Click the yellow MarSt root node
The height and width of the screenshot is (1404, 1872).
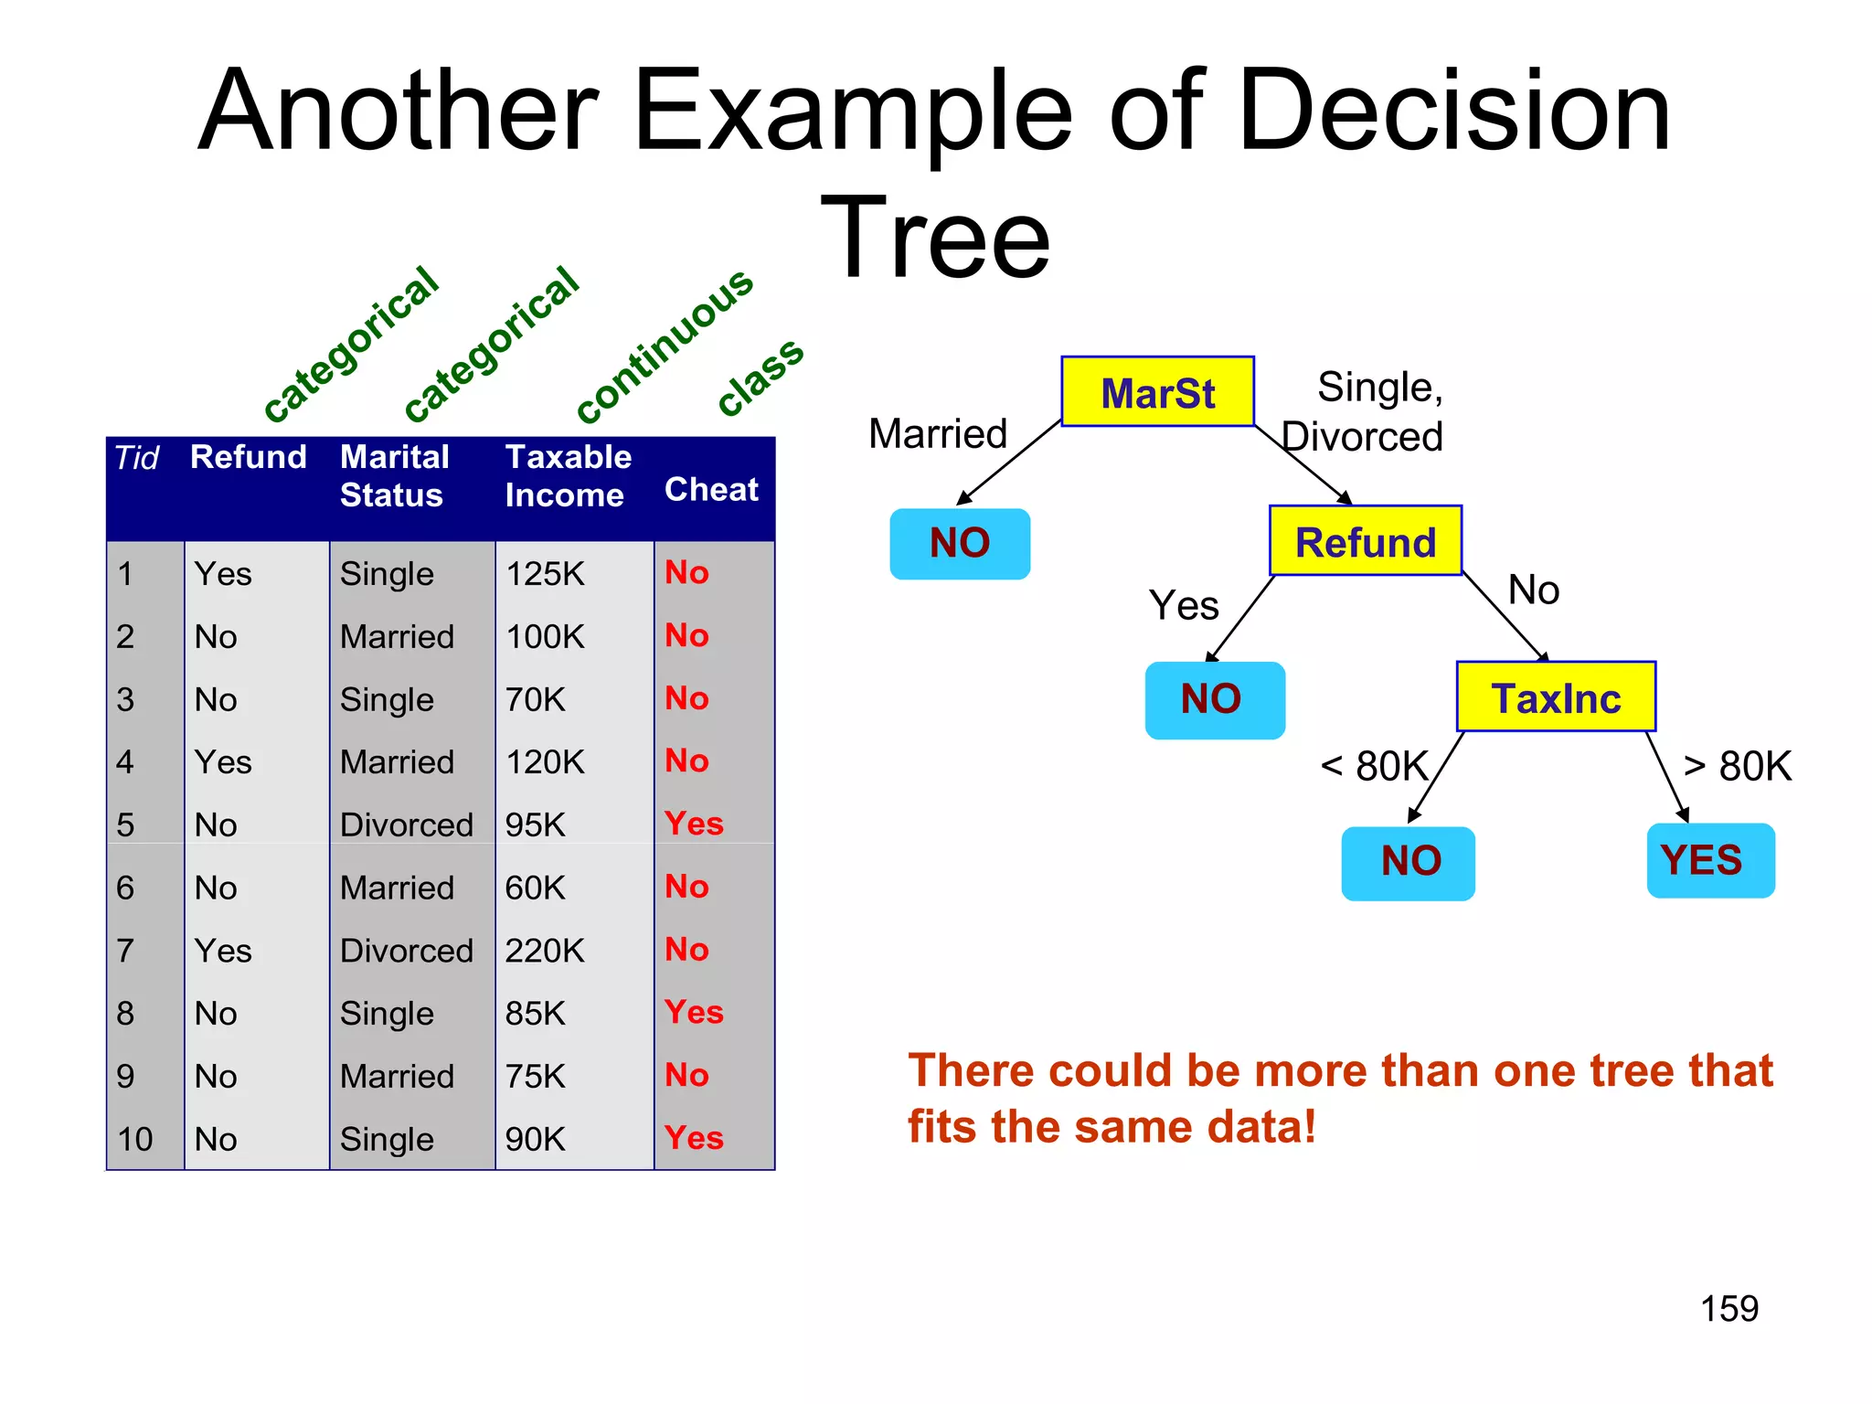(x=1157, y=392)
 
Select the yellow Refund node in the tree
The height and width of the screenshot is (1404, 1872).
(x=1366, y=541)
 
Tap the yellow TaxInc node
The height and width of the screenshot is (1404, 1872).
(x=1556, y=697)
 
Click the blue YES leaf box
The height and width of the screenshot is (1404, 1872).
(x=1710, y=860)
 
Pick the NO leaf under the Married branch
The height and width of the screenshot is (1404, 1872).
(x=960, y=543)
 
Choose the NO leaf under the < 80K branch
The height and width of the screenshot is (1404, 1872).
(x=1408, y=862)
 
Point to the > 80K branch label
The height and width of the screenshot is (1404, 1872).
(x=1737, y=766)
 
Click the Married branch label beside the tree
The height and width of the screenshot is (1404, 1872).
(x=938, y=433)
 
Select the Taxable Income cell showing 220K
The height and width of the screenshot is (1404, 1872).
(x=545, y=951)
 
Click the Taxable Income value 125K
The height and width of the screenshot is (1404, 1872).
(x=545, y=573)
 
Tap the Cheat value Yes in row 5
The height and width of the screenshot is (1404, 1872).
(x=694, y=824)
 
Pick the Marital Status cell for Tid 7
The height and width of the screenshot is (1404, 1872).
(x=406, y=951)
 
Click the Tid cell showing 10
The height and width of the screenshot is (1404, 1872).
(x=134, y=1139)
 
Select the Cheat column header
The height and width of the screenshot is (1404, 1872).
(x=711, y=489)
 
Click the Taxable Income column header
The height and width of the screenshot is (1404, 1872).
(x=568, y=475)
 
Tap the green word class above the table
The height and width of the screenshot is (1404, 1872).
(x=760, y=376)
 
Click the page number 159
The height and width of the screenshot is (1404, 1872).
(x=1728, y=1308)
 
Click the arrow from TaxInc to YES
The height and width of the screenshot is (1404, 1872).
(x=1667, y=777)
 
